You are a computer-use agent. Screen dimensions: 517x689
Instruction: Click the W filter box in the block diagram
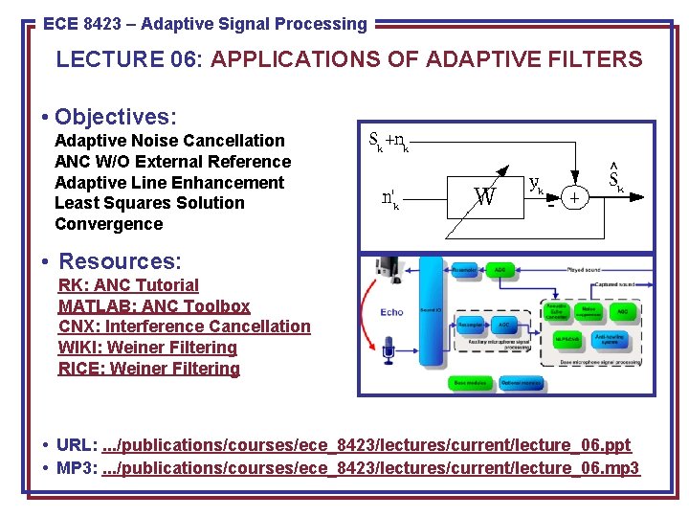pos(485,198)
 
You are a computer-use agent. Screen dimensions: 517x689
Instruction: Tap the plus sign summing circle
pos(574,197)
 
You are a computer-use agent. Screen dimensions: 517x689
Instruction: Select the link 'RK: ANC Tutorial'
pos(128,285)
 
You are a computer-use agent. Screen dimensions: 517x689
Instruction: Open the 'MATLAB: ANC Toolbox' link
pos(154,306)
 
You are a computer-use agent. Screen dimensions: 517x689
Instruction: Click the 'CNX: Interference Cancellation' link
pos(185,326)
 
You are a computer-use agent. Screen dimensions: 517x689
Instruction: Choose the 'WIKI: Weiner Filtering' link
pos(147,348)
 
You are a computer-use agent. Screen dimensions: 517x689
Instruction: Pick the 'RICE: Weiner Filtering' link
pos(149,369)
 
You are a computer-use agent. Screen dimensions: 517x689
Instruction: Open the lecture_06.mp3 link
pos(369,468)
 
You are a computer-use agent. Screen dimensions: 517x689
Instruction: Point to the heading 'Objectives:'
pos(116,117)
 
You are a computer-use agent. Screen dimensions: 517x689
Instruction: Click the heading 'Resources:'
pos(120,261)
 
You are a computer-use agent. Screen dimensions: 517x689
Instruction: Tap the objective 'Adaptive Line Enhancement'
pos(169,183)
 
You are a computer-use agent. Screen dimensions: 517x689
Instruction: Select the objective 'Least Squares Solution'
pos(149,203)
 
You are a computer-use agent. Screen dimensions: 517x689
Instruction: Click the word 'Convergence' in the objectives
pos(109,224)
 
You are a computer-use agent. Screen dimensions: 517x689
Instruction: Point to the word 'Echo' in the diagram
pos(391,312)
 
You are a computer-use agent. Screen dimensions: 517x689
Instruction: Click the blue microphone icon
pos(389,349)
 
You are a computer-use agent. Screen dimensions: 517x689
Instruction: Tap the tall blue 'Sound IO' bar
pos(431,311)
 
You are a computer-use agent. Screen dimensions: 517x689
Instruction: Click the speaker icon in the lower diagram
pos(389,272)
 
